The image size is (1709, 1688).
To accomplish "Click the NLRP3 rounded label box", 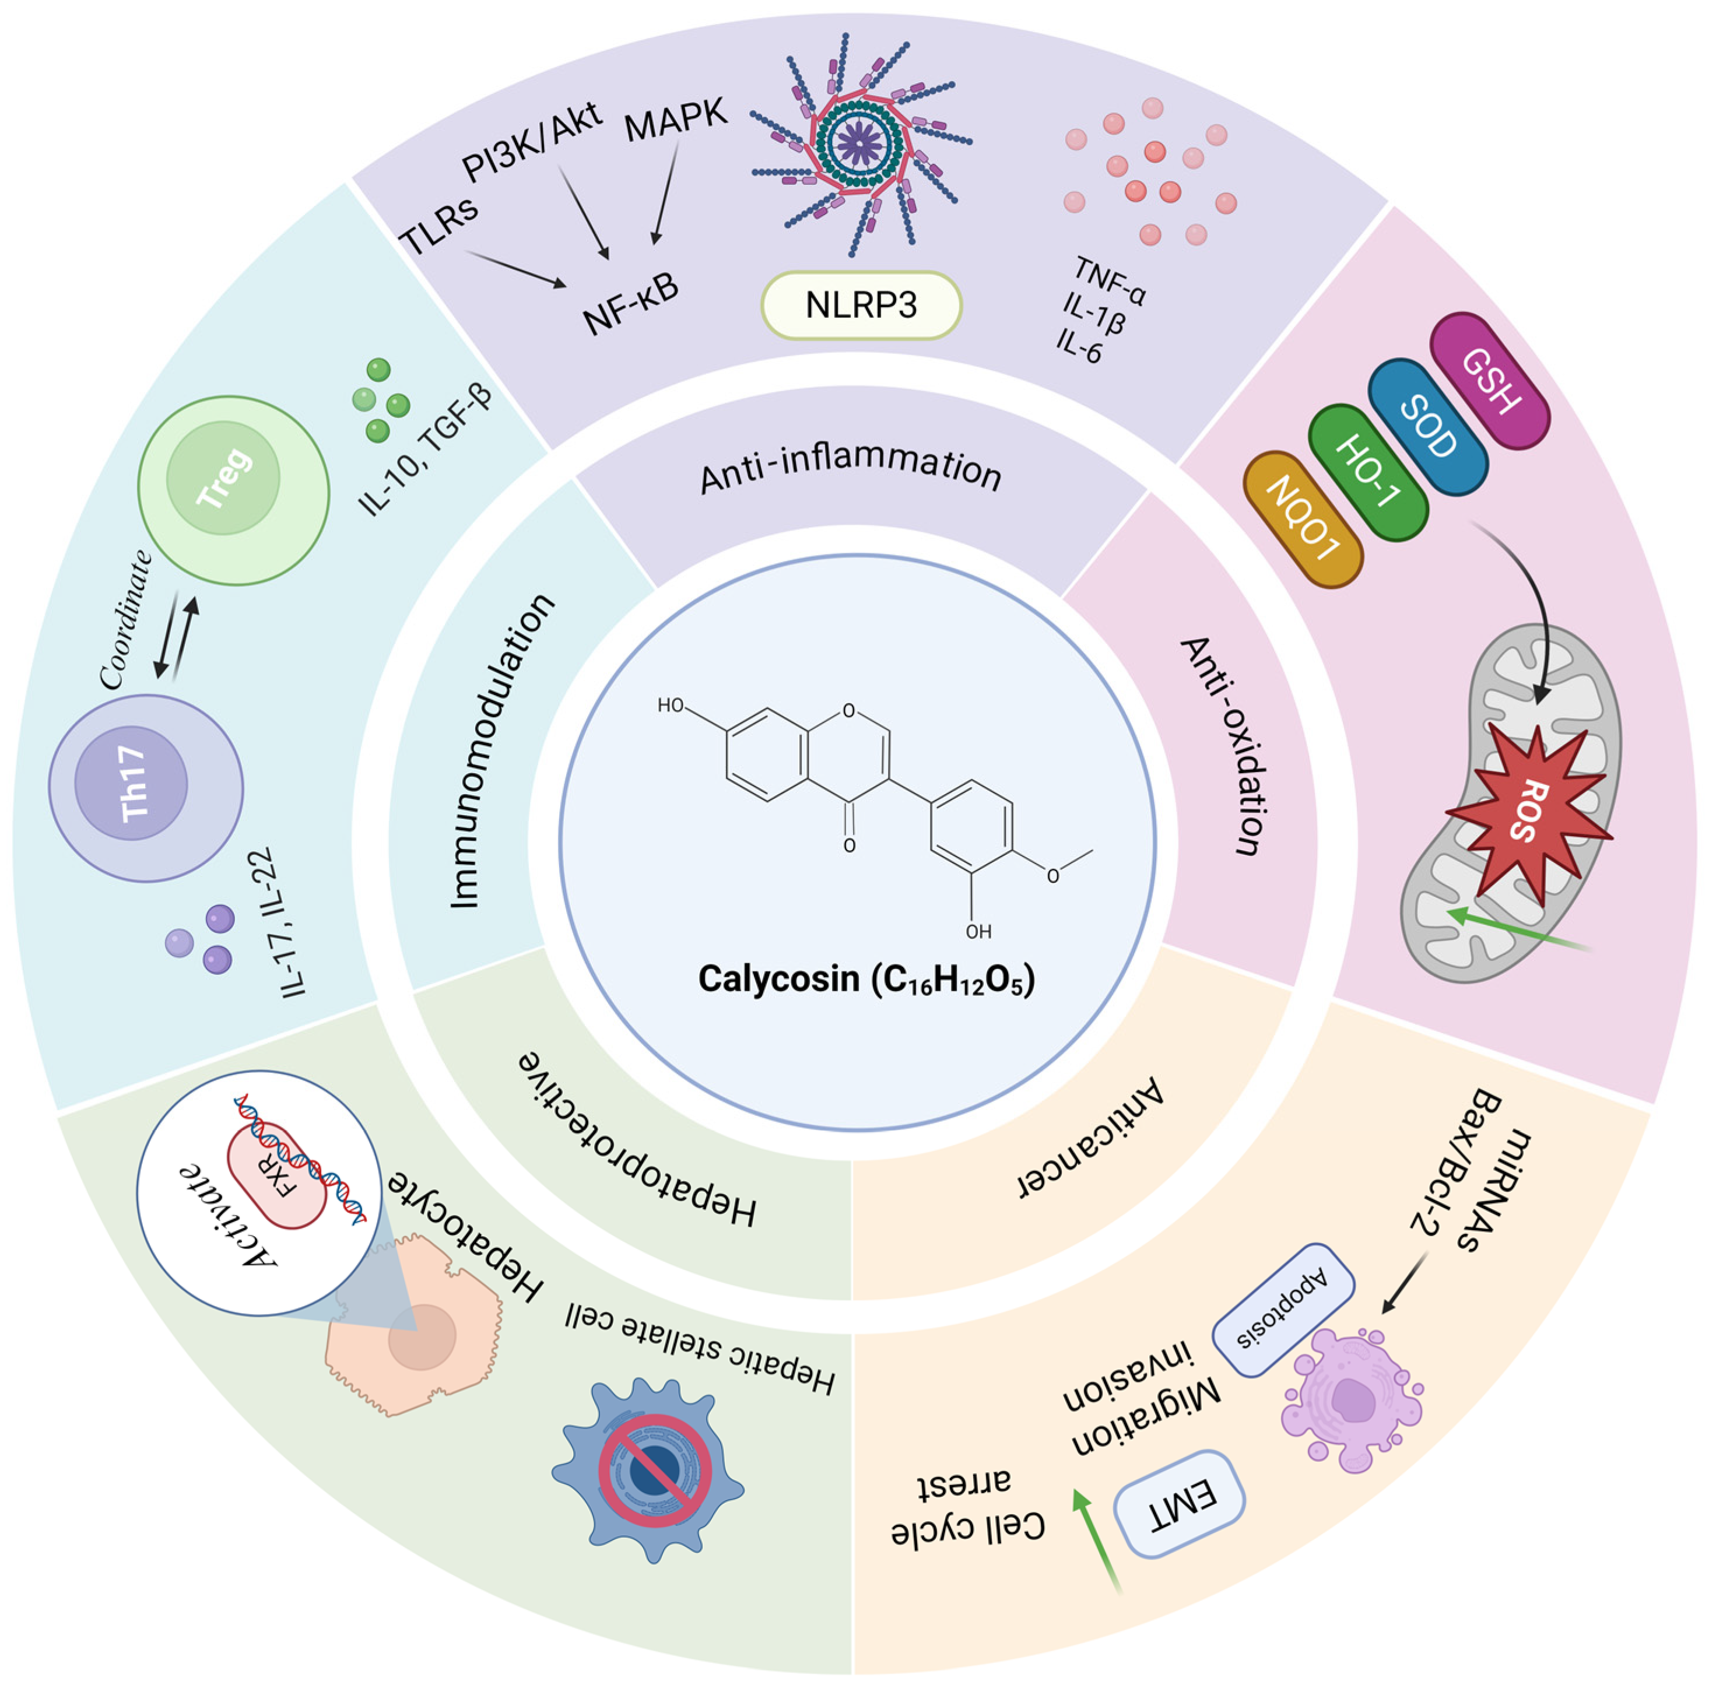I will tap(861, 305).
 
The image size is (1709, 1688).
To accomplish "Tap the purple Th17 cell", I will tap(145, 787).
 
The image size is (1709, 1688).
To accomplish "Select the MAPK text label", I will tap(676, 120).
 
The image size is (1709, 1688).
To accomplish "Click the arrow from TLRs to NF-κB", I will tap(515, 269).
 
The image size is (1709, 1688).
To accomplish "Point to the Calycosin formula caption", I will tap(866, 980).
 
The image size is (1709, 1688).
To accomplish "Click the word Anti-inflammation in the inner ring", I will tap(851, 470).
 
